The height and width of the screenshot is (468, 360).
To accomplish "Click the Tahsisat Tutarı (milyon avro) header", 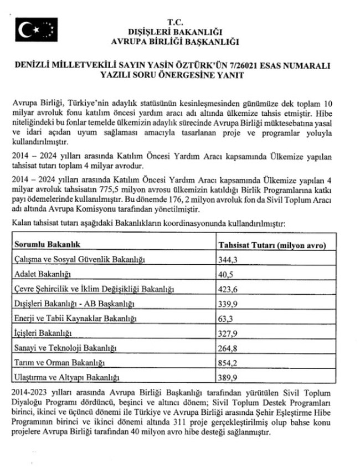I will (270, 244).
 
